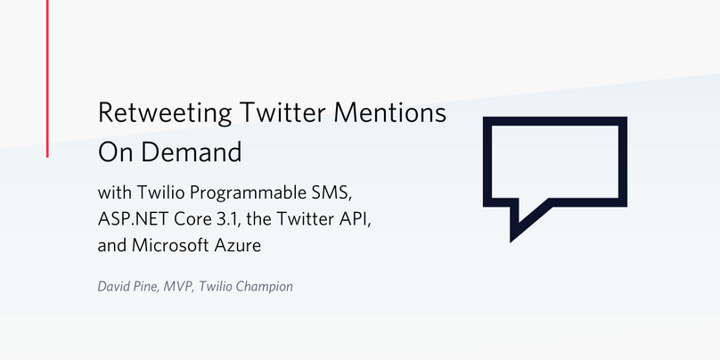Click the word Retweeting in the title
click(164, 113)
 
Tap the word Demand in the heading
click(191, 152)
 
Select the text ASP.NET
click(132, 219)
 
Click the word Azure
click(238, 246)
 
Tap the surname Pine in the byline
click(147, 287)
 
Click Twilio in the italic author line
click(215, 287)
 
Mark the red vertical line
click(47, 78)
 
